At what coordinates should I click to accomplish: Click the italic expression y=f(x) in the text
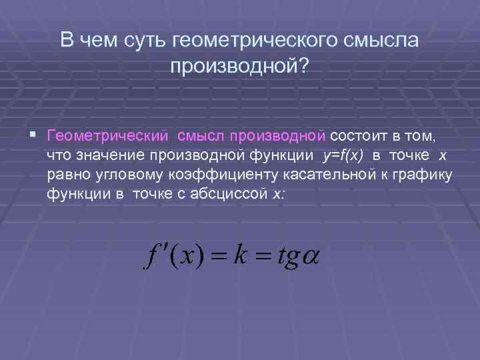[x=343, y=155]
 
